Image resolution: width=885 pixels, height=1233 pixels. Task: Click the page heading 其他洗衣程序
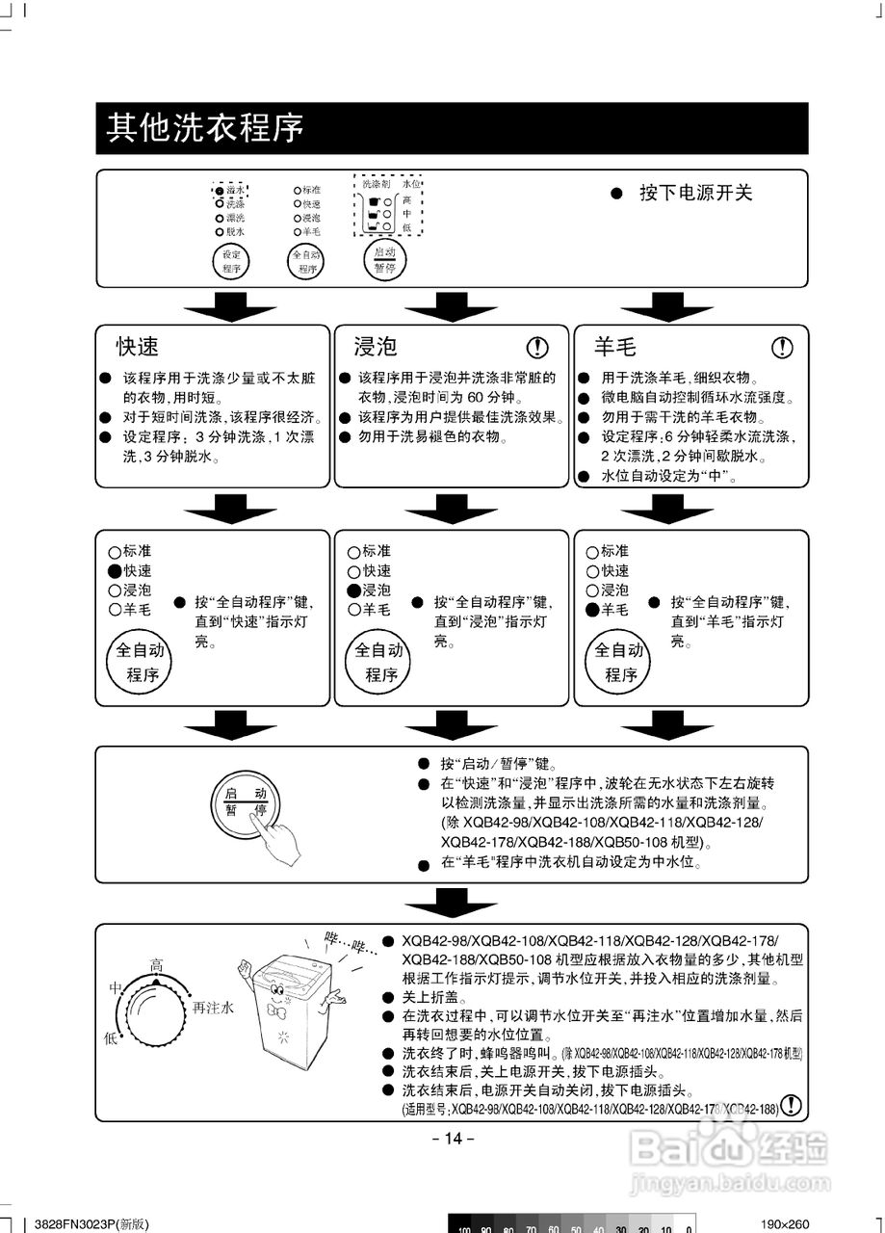(204, 127)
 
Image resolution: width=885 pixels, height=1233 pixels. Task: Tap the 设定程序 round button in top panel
(231, 260)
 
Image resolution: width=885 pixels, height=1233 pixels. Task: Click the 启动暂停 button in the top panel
(384, 260)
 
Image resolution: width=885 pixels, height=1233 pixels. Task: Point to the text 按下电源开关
(695, 193)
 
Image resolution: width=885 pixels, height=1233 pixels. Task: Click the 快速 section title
(138, 347)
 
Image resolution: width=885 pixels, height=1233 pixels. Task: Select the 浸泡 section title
(376, 347)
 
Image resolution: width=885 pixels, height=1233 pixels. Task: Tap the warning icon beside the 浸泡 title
(537, 348)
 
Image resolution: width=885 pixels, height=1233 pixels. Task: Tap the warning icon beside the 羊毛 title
(783, 348)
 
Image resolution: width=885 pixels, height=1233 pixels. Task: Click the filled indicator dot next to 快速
(115, 571)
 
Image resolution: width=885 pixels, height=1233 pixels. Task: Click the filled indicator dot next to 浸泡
(353, 590)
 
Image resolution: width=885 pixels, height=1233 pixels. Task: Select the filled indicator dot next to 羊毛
(592, 610)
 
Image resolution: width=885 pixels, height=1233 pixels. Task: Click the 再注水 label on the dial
(213, 1008)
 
